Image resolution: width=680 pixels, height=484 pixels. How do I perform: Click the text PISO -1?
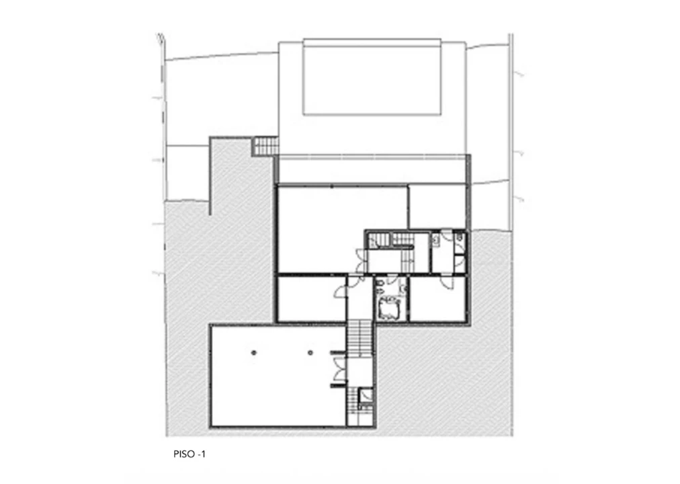coord(189,454)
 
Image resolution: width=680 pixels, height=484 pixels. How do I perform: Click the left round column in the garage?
coord(254,353)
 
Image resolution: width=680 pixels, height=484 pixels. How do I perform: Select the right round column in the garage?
coord(310,353)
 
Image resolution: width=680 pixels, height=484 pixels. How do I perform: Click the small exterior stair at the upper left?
coord(265,146)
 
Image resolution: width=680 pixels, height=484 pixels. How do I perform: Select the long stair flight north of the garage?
coord(359,337)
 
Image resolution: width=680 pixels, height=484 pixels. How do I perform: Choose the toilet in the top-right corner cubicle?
coord(459,237)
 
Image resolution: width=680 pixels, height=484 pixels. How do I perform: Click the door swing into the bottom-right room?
coord(446,282)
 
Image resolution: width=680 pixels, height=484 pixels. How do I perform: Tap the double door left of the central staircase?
coord(361,260)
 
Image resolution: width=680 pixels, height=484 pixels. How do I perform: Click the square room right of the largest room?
coord(438,207)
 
